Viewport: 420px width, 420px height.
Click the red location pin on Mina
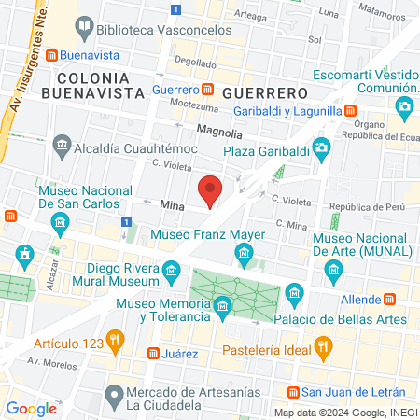pos(211,190)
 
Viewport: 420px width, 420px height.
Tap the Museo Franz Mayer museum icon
pos(245,253)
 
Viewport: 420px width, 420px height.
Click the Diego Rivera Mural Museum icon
pos(171,272)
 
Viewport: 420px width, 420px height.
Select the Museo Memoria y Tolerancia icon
pos(222,306)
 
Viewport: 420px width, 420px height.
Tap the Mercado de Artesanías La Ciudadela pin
pos(114,393)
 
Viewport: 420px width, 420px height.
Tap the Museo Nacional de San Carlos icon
pos(62,222)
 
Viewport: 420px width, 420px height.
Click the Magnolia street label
pos(219,133)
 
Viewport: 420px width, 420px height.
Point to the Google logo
pos(32,409)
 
